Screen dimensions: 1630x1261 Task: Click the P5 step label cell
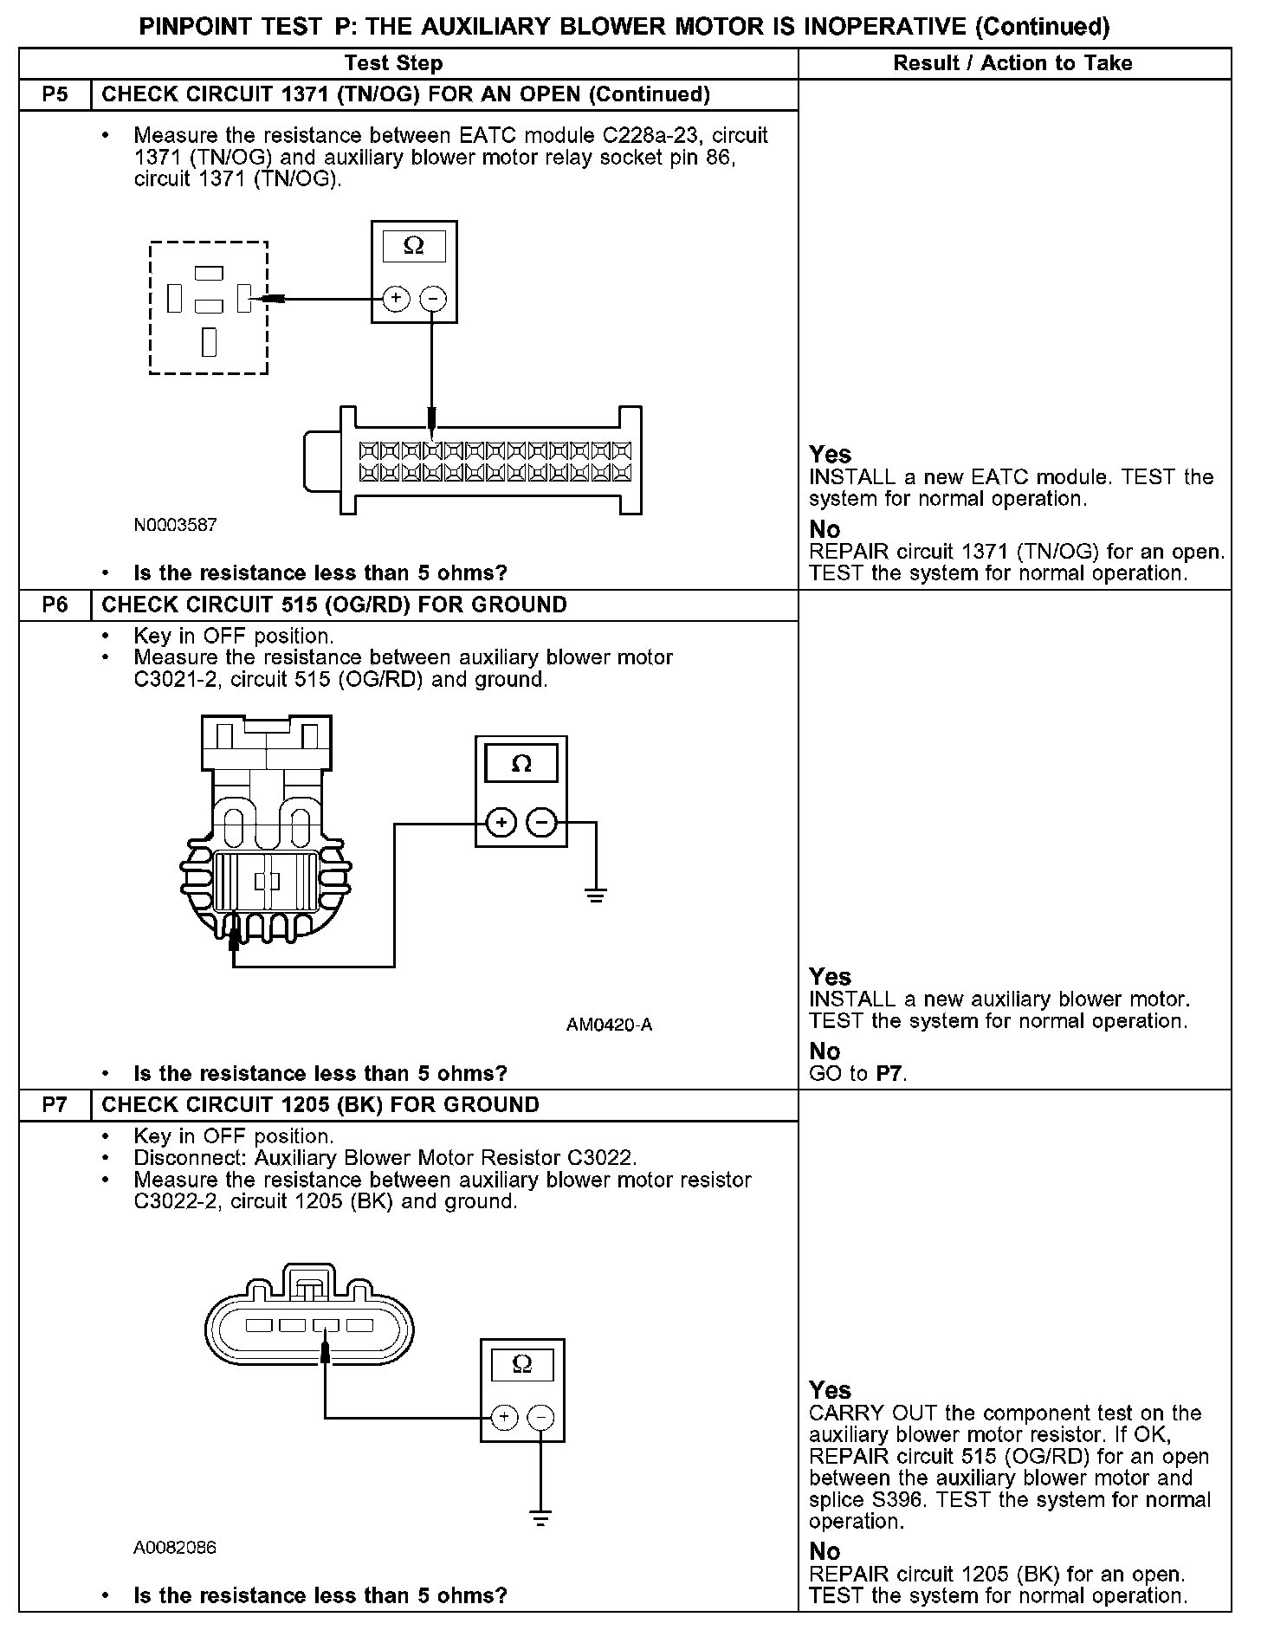[55, 94]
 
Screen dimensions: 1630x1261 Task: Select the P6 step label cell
[55, 605]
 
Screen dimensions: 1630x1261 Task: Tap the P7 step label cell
[55, 1105]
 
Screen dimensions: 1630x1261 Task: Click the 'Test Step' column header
[393, 63]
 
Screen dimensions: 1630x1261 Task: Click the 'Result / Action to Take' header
[1012, 63]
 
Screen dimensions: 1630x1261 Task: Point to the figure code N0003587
[175, 525]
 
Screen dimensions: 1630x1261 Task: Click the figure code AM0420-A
[609, 1025]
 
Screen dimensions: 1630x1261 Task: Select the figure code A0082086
[175, 1548]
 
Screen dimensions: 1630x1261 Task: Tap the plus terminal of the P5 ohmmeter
[396, 299]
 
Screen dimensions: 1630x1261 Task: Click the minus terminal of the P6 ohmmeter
[542, 822]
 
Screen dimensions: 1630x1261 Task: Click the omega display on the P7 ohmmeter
[522, 1364]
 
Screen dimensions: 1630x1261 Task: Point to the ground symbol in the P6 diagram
[596, 895]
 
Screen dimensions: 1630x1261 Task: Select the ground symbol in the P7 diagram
[540, 1518]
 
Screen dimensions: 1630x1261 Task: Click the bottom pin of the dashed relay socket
[209, 341]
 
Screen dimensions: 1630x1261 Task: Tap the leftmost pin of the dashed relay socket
[175, 299]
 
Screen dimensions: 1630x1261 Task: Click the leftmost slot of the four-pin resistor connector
[259, 1325]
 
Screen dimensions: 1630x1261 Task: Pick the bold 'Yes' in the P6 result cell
[830, 977]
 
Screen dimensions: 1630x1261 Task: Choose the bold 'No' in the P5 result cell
[824, 529]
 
